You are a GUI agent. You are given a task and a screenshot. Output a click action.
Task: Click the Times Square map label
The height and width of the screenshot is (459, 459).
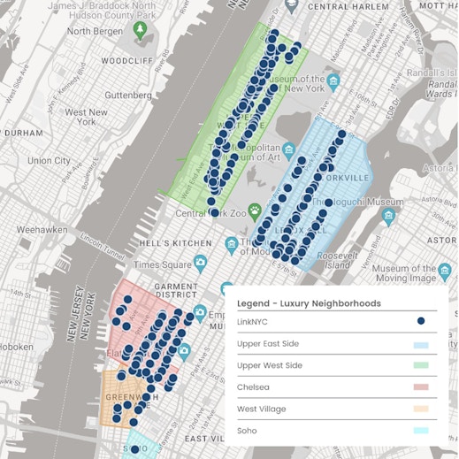163,264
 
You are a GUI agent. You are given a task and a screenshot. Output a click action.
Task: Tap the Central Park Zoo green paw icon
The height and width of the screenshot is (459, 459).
255,211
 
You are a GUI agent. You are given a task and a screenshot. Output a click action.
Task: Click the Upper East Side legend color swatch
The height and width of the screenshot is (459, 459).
421,344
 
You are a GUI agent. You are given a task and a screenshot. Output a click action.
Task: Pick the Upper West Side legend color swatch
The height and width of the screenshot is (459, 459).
421,365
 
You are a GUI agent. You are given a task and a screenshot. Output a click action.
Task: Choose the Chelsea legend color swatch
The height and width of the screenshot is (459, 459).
421,387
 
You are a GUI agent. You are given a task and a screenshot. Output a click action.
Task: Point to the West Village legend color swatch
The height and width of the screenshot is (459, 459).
421,409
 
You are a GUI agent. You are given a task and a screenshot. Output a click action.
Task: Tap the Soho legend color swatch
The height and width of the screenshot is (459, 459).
421,431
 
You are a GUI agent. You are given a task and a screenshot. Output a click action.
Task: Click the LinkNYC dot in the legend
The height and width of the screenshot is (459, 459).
421,321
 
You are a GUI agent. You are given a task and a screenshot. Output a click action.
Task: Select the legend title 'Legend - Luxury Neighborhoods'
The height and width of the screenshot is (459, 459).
309,303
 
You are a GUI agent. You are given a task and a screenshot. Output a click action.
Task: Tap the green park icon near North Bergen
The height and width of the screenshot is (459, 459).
140,30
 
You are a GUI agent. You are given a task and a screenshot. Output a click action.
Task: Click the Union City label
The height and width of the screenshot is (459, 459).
50,161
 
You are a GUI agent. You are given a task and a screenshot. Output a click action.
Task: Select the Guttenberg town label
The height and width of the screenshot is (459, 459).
128,95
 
